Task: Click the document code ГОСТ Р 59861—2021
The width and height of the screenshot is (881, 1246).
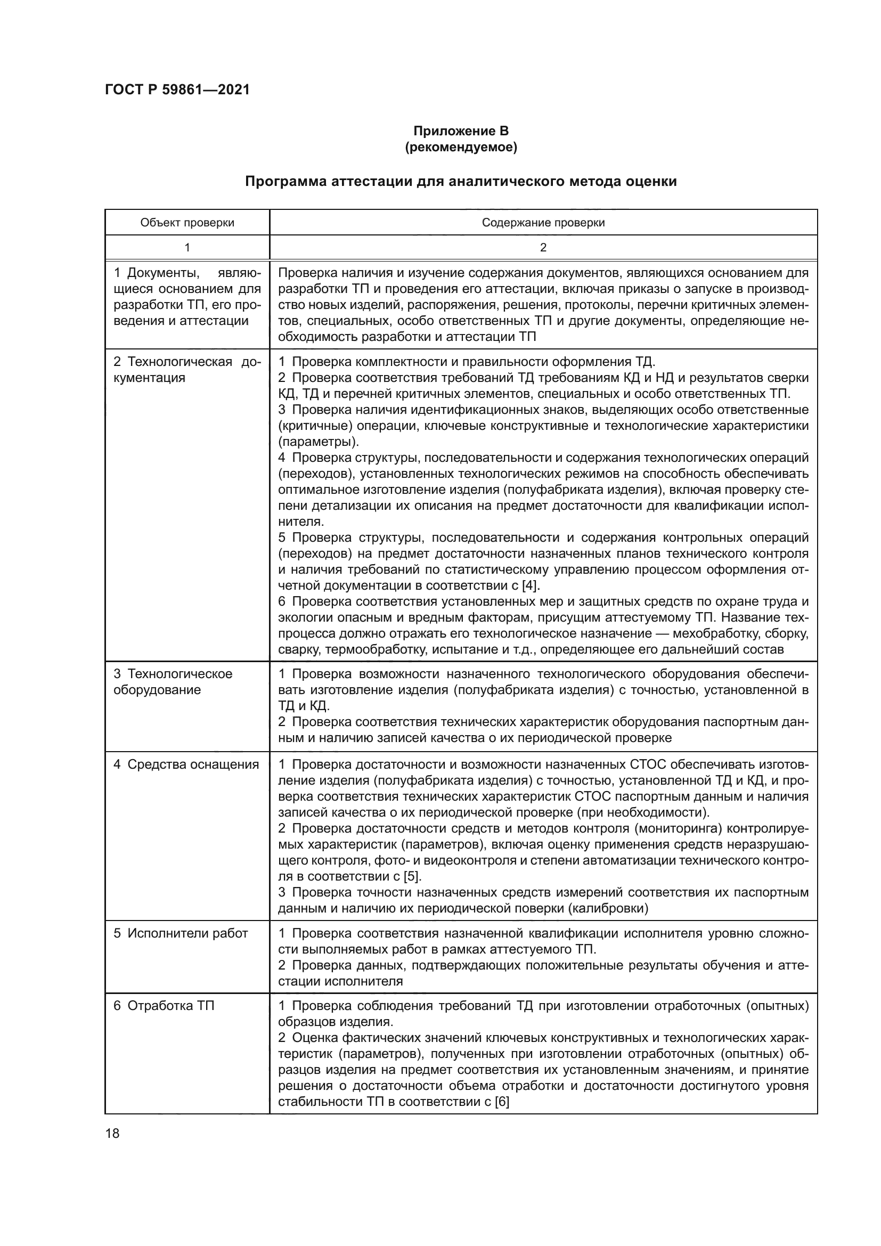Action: tap(177, 89)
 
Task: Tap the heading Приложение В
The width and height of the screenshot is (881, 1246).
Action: tap(461, 131)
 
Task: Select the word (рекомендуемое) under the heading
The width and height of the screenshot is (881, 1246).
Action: tap(461, 147)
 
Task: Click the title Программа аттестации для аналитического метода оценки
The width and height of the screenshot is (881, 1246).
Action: tap(461, 181)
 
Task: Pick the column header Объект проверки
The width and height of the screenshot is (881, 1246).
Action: tap(187, 223)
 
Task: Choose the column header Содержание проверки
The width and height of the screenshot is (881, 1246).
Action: tap(543, 223)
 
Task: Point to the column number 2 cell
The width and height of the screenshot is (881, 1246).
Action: tap(543, 248)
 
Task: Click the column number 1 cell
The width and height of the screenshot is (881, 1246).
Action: tap(187, 248)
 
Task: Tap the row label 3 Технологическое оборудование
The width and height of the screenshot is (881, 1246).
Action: tap(173, 682)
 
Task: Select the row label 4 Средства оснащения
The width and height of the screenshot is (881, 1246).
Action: tap(186, 764)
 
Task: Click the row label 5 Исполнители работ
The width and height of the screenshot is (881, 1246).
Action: tap(180, 933)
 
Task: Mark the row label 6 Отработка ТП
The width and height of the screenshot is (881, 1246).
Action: tap(164, 1006)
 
